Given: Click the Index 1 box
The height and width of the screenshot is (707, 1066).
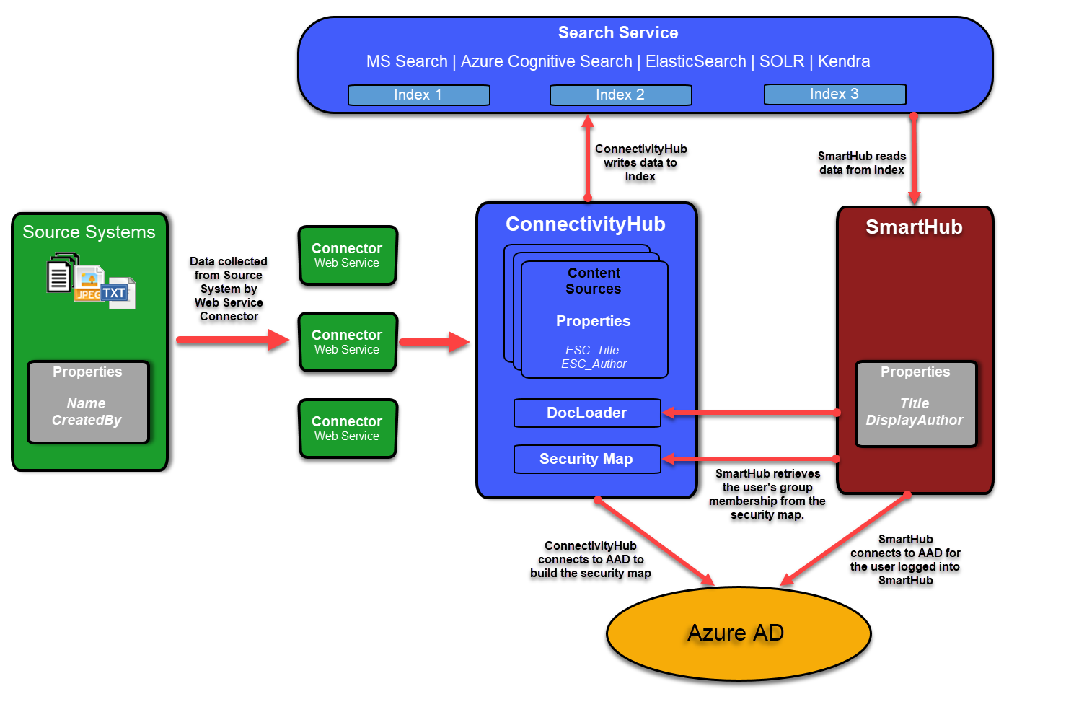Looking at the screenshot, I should point(418,95).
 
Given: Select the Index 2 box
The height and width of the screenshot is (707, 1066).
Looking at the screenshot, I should point(620,95).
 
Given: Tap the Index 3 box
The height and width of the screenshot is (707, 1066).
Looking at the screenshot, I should point(834,95).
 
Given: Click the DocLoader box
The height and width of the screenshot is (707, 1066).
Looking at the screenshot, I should point(587,413).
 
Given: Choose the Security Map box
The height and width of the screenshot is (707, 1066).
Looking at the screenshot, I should point(587,459).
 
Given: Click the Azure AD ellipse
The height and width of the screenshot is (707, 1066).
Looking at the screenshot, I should point(739,633).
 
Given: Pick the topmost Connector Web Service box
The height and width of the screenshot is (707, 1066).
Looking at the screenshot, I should point(348,255).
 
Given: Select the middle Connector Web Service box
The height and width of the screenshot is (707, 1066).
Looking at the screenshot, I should point(348,342).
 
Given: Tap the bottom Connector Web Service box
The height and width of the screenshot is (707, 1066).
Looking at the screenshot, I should point(348,429).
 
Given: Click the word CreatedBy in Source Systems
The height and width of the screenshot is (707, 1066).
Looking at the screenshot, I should point(87,420).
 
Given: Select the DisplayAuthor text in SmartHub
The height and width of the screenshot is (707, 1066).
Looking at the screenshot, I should point(915,420).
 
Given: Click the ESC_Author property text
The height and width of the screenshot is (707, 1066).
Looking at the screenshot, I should point(594,364).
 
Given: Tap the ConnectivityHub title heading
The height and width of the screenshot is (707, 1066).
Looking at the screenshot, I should point(585,224).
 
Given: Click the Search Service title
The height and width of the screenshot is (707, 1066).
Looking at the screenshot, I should point(618,33).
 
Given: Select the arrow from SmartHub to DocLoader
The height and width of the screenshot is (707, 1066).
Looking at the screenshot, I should point(750,413).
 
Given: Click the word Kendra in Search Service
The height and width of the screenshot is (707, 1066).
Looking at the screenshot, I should point(844,62).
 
